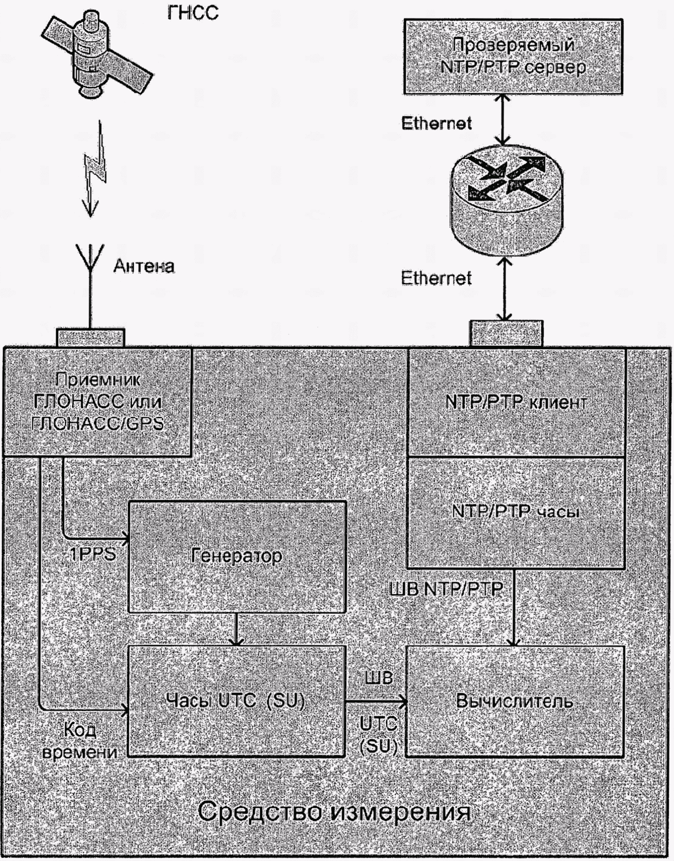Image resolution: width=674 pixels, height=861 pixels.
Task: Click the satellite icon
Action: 98,57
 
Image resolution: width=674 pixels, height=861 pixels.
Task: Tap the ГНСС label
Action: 193,13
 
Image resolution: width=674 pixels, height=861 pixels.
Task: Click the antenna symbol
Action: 90,285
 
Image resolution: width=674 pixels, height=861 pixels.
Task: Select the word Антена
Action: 144,266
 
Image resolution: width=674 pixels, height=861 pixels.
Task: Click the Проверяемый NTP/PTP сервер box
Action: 513,57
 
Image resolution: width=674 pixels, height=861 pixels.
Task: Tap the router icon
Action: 505,196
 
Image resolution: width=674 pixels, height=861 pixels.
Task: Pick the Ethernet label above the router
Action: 436,123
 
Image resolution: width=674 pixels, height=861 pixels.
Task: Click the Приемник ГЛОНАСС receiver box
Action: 97,402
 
